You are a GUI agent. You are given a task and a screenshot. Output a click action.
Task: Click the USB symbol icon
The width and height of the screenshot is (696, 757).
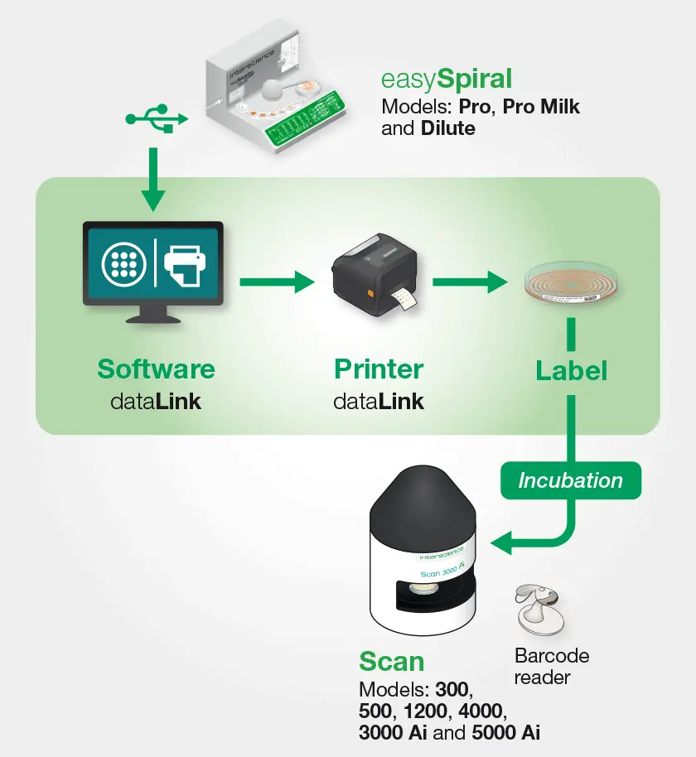[x=157, y=118]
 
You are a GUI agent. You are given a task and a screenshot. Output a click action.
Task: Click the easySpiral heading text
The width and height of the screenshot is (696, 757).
[x=446, y=79]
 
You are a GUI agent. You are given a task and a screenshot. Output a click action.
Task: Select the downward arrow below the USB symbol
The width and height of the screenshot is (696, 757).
[x=152, y=179]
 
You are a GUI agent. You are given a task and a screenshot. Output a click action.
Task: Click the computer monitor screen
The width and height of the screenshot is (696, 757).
[x=152, y=263]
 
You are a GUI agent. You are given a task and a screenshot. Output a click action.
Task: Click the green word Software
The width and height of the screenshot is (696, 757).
[x=156, y=369]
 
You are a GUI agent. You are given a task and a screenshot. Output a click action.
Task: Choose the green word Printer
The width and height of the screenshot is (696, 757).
[x=379, y=369]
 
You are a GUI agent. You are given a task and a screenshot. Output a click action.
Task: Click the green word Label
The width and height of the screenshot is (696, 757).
[x=571, y=370]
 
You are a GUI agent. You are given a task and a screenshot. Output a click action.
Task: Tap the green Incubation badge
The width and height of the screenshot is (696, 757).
[x=570, y=480]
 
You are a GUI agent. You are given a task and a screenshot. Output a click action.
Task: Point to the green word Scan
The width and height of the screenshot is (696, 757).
[x=391, y=662]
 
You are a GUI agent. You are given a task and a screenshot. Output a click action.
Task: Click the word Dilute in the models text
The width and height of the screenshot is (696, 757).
[x=447, y=128]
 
